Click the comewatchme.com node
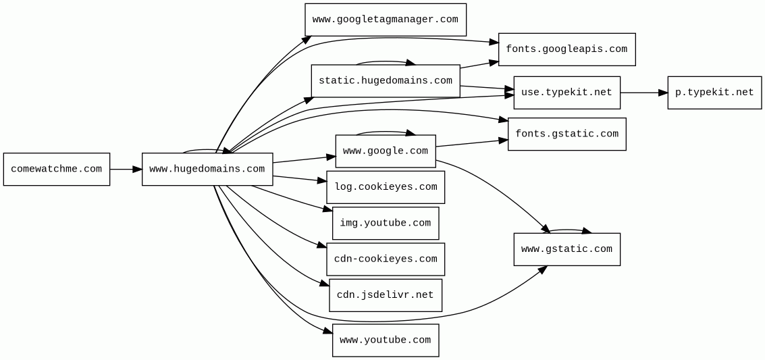(57, 170)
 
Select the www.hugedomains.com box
(207, 170)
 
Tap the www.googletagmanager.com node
(385, 20)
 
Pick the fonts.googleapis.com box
(566, 49)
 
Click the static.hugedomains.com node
(385, 81)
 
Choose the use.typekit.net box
(566, 93)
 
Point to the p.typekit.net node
(714, 93)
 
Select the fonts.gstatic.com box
(566, 134)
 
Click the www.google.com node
(385, 151)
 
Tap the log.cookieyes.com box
(385, 187)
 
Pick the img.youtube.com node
(385, 224)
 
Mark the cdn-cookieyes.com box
(385, 259)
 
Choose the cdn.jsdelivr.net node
(385, 295)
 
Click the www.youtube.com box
(385, 340)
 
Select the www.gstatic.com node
(566, 249)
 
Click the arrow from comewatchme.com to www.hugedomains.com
(126, 170)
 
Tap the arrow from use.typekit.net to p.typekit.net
(643, 93)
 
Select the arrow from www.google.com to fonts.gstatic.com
(471, 143)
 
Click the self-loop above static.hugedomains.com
(385, 62)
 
